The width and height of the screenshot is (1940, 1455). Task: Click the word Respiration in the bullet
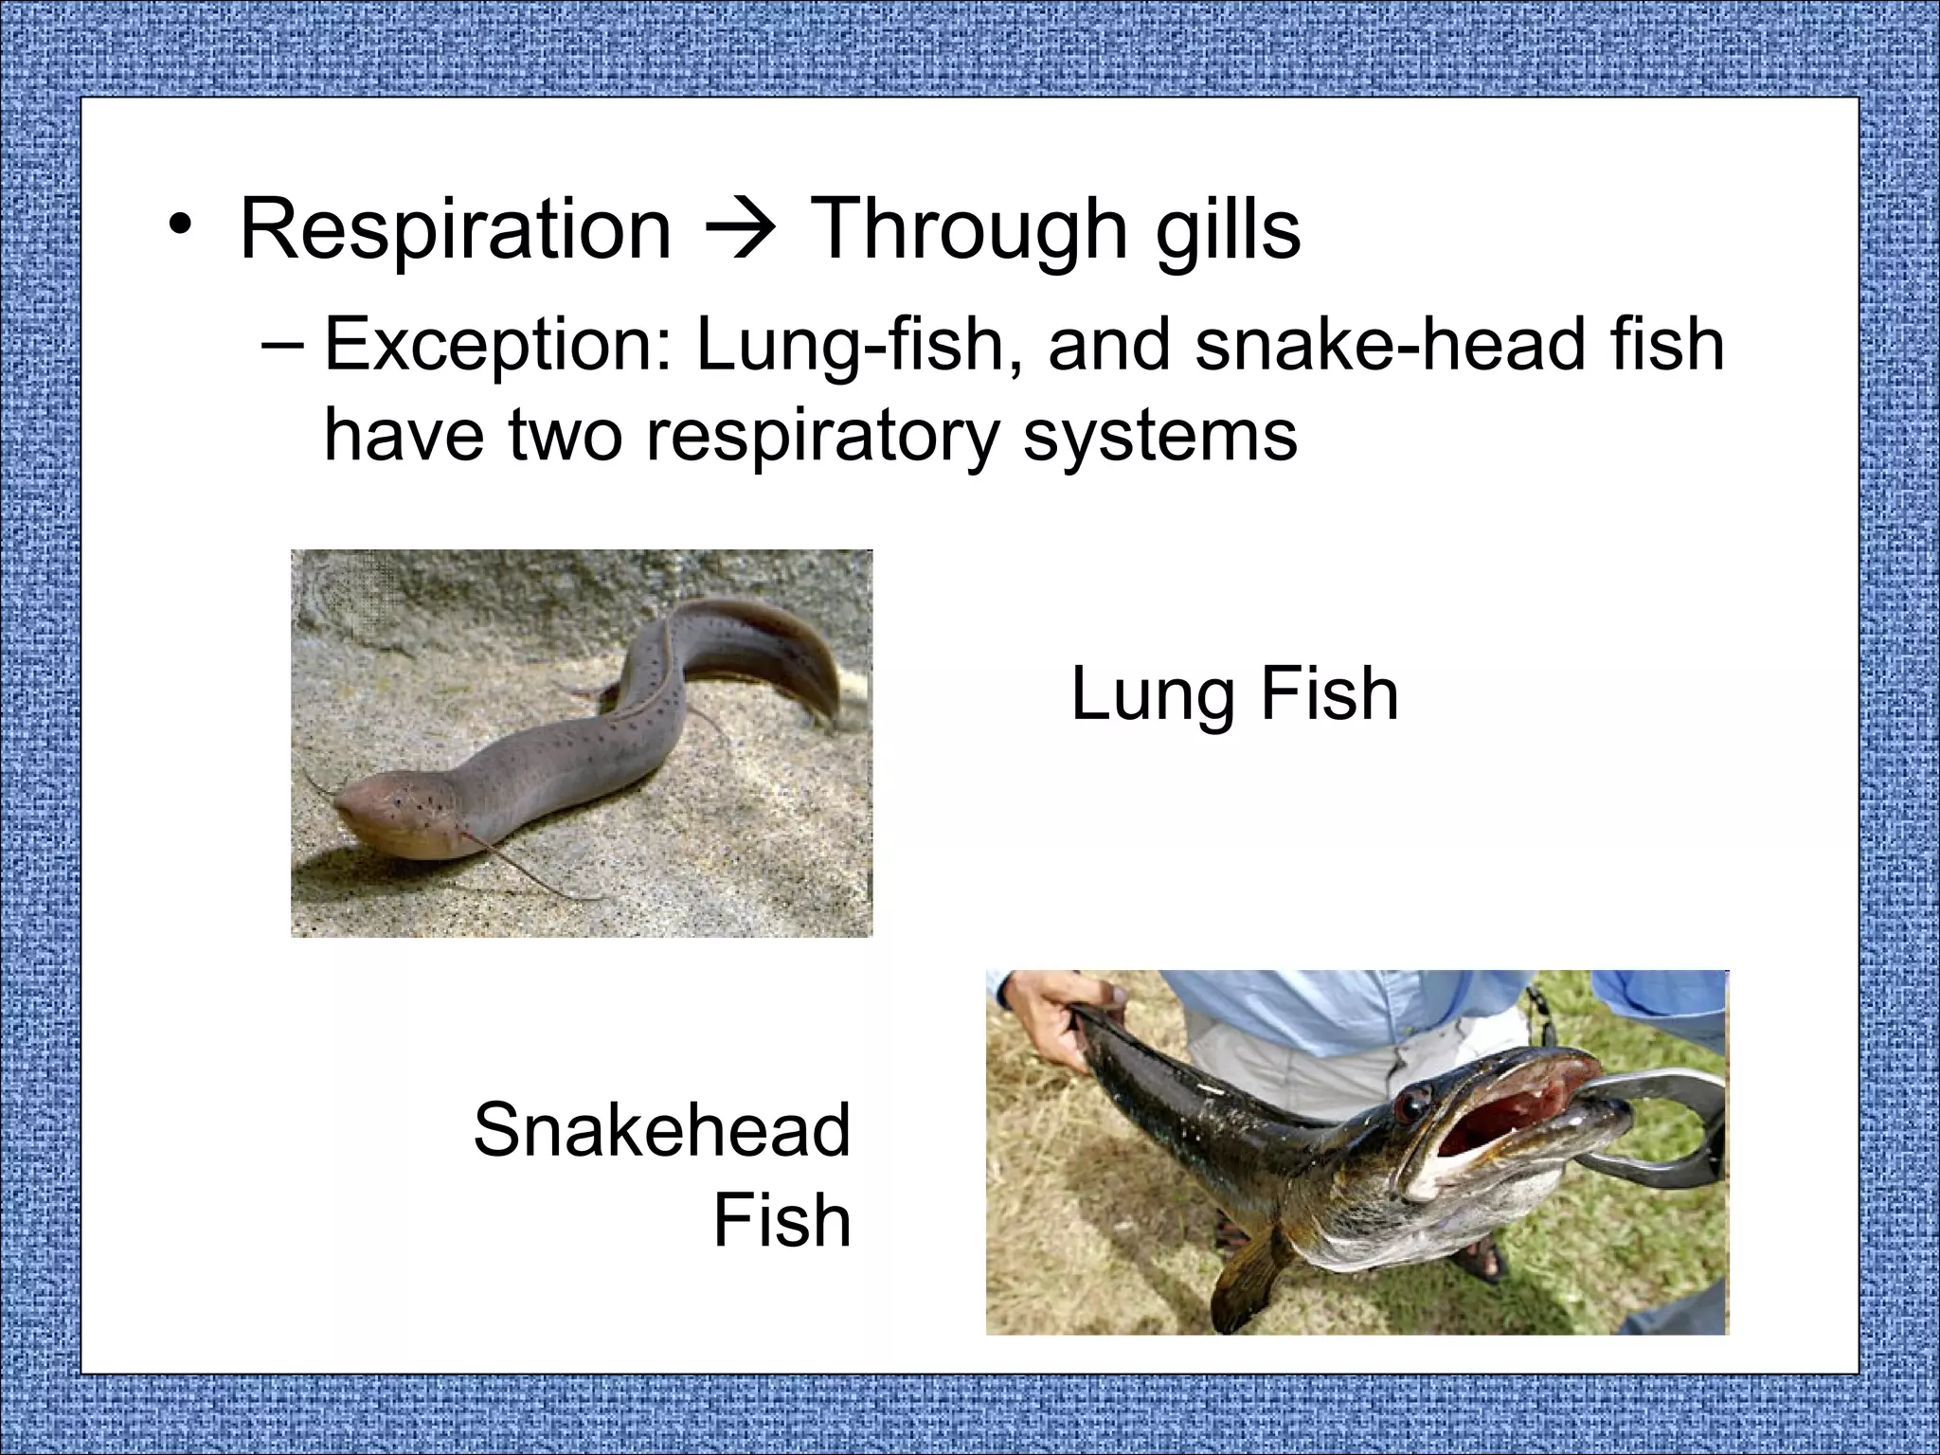click(455, 229)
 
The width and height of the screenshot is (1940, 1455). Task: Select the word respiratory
click(822, 438)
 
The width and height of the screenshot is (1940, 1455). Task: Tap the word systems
click(1159, 436)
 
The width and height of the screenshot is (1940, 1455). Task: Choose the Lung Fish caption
click(1234, 694)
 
